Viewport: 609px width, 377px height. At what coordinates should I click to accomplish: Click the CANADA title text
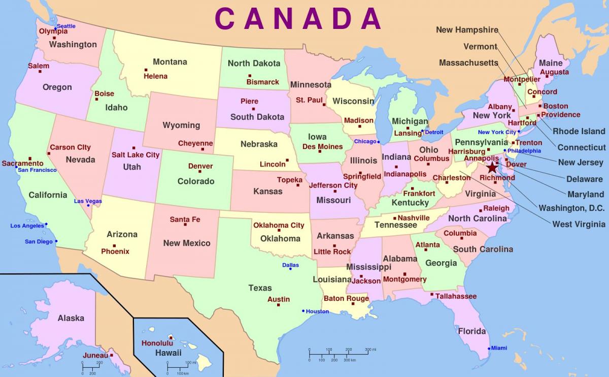pos(298,19)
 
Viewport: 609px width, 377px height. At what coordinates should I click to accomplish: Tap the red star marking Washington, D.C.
pos(492,167)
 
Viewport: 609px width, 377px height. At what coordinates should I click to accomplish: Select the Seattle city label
pos(66,26)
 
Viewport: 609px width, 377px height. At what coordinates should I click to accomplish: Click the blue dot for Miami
pos(489,349)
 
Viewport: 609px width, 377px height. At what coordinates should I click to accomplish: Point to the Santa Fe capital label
pos(185,219)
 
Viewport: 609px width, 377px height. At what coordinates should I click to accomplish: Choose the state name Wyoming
pos(181,125)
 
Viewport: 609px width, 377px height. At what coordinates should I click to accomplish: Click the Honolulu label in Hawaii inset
pos(157,343)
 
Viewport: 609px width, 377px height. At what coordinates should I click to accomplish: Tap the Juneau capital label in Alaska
pos(95,355)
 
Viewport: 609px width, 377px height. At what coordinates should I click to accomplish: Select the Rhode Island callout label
pos(579,131)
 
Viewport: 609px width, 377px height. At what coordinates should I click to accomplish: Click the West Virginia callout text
pos(579,224)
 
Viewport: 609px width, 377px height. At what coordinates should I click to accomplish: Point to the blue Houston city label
pos(317,311)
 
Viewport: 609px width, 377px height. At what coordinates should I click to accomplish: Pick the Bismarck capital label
pos(263,82)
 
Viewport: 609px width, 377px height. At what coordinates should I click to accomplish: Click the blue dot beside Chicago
pos(379,141)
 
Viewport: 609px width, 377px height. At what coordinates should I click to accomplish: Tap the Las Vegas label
pos(88,201)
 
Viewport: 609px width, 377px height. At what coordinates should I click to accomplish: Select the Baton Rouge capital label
pos(346,298)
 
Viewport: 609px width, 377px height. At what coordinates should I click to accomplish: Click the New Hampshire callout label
pos(467,30)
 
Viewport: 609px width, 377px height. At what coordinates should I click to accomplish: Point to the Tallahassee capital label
pos(456,296)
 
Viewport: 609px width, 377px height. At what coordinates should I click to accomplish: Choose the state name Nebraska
pos(259,144)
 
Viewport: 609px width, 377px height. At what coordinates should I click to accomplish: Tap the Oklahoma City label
pos(279,225)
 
